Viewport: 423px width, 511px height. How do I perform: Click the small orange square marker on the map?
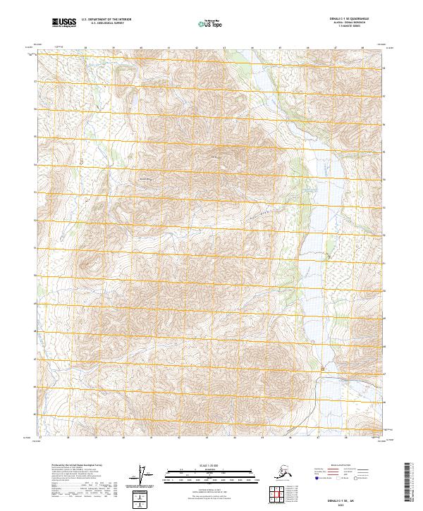324,369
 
